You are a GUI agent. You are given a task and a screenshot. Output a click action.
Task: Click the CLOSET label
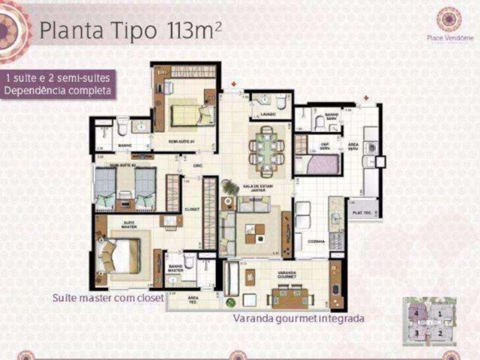tap(192, 209)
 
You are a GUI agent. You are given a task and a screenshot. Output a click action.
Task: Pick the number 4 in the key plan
tap(417, 313)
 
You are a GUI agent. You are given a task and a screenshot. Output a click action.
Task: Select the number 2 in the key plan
tap(440, 331)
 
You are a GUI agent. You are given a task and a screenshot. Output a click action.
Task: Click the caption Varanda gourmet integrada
tap(298, 318)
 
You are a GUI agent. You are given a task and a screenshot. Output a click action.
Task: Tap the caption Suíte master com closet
tap(108, 298)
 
